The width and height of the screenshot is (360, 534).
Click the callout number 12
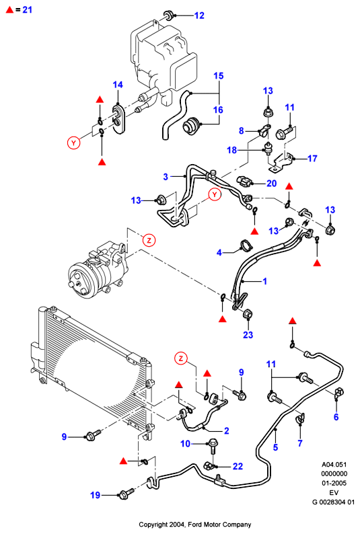[x=199, y=15]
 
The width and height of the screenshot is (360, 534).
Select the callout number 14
[x=118, y=85]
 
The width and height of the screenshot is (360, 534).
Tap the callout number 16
[x=218, y=110]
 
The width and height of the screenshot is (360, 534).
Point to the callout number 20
[x=271, y=184]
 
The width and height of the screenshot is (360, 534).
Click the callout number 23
[x=248, y=335]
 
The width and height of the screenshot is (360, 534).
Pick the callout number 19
[x=95, y=495]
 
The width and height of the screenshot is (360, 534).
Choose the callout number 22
[x=238, y=466]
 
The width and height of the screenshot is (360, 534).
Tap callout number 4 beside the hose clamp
[x=219, y=253]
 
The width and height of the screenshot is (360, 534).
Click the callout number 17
[x=312, y=158]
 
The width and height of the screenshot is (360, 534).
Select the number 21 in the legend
[x=27, y=10]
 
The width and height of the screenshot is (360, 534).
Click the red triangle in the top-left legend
[x=9, y=10]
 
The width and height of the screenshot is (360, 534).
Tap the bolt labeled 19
[x=125, y=494]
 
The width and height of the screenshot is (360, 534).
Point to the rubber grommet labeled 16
[x=192, y=125]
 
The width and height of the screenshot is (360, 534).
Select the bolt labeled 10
[x=212, y=446]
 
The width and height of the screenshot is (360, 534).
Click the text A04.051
[x=334, y=464]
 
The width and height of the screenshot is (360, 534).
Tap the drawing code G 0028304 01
[x=334, y=502]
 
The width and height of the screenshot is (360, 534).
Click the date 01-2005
[x=334, y=483]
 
